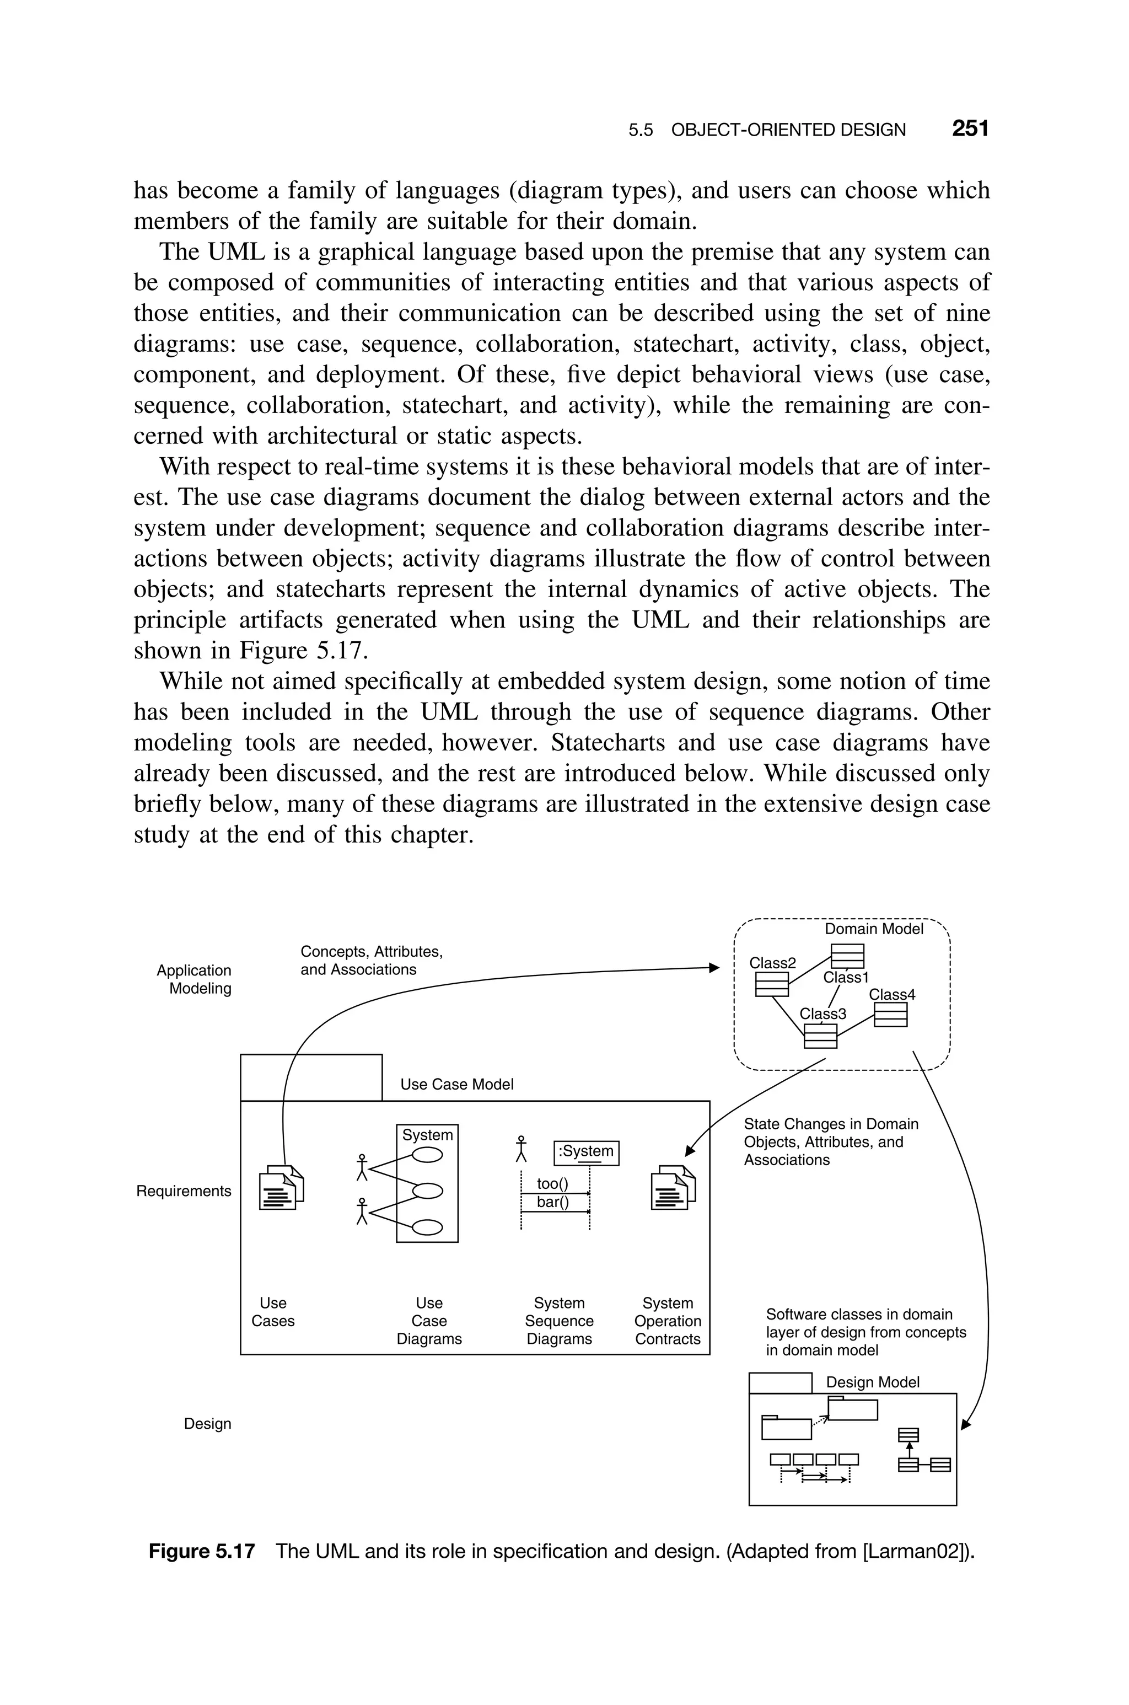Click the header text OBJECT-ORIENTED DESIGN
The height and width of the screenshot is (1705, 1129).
[788, 130]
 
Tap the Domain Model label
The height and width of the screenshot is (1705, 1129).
[873, 929]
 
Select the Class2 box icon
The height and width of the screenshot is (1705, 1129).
[771, 984]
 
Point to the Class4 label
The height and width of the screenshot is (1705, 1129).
[891, 994]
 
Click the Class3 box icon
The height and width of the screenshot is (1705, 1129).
[820, 1036]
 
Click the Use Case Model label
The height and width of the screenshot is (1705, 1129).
[456, 1084]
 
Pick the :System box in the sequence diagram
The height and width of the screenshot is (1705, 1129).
[586, 1151]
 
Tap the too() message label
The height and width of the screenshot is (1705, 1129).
[552, 1184]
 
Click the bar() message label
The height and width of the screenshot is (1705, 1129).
[552, 1202]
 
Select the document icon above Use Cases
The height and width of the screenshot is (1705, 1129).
[281, 1187]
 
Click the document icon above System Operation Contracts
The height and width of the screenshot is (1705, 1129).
[673, 1187]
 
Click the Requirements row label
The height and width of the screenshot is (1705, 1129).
[184, 1191]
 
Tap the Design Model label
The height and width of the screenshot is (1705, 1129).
[872, 1382]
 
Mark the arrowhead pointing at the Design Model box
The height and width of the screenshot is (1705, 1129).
[966, 1425]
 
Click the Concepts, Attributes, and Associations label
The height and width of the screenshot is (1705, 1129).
[371, 961]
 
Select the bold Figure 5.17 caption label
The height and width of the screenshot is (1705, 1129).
[202, 1551]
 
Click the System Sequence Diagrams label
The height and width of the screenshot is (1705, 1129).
[559, 1321]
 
